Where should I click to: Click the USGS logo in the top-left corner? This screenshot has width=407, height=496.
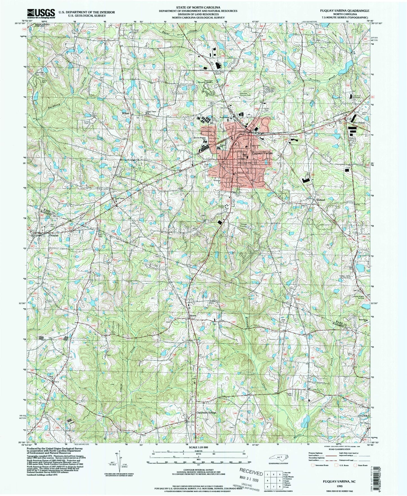41,13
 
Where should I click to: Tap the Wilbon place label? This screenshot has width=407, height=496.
125,113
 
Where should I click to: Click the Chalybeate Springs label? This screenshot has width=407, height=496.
205,413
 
